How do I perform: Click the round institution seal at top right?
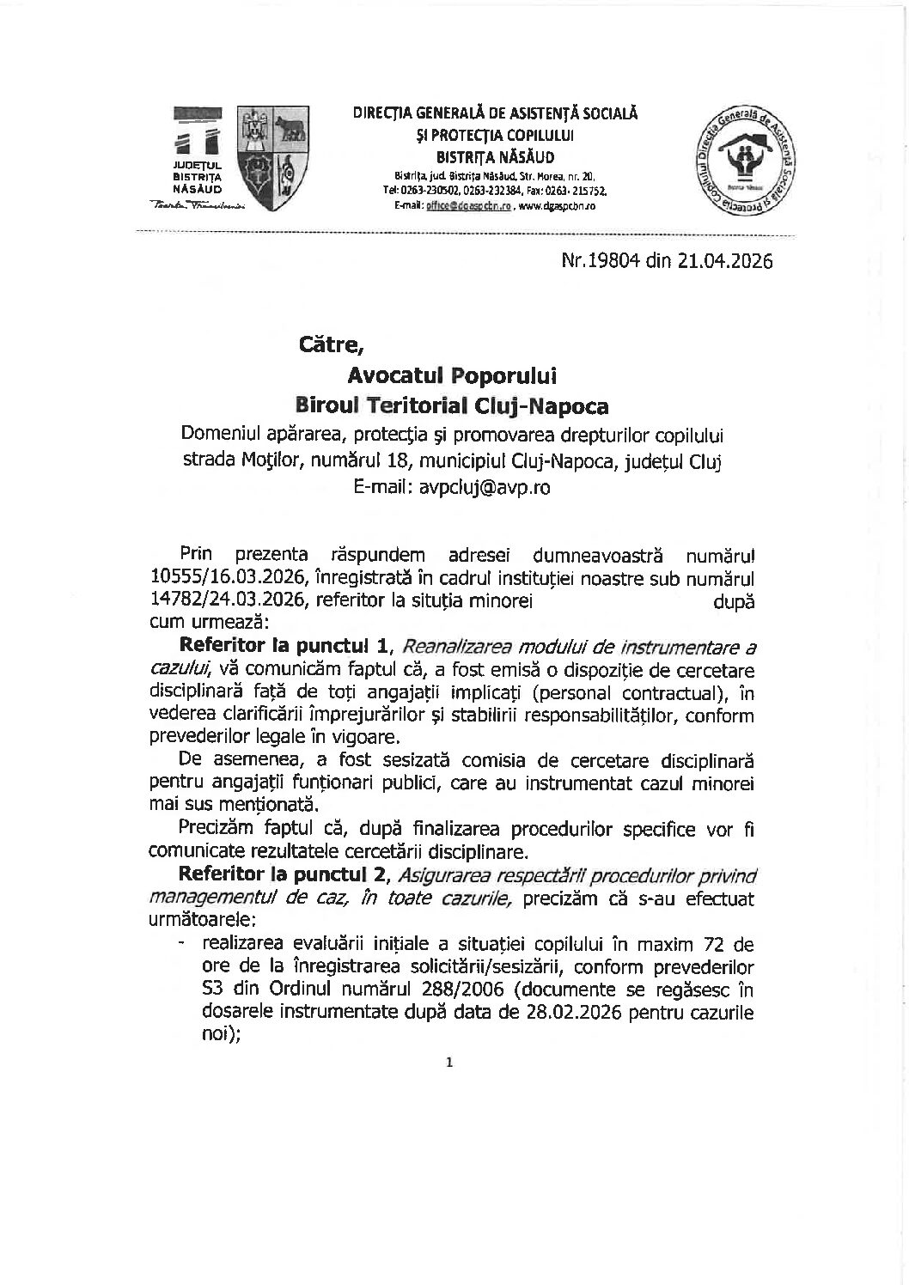(x=745, y=163)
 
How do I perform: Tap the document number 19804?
(x=613, y=261)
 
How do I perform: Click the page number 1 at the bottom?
(x=449, y=1063)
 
